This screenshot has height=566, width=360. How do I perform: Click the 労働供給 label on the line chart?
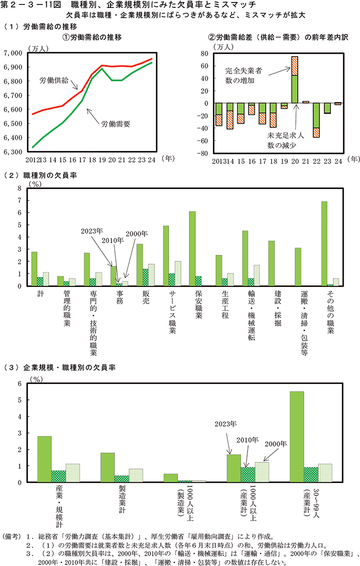(x=55, y=80)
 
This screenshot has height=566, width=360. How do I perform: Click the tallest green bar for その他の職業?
(x=324, y=244)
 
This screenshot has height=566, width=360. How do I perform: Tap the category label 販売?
(x=140, y=296)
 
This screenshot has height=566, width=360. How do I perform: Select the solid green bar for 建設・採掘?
(x=271, y=263)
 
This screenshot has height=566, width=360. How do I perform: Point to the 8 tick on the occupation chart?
(x=20, y=188)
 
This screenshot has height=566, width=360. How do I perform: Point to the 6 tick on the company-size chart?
(x=20, y=384)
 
